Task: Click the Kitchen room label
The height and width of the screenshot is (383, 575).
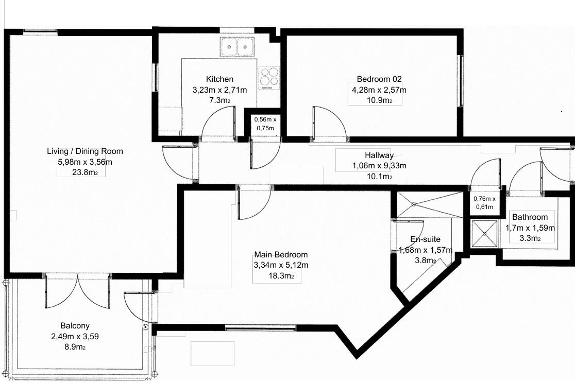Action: [219, 79]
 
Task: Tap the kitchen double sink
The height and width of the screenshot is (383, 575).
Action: [236, 47]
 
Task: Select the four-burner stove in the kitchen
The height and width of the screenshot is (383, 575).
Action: [269, 79]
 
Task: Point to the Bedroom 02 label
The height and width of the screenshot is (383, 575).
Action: [379, 79]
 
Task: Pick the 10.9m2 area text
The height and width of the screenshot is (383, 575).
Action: [379, 100]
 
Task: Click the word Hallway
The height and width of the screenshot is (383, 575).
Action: [379, 155]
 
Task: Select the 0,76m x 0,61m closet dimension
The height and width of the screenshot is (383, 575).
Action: [484, 203]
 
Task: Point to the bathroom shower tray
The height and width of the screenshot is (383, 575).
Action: [484, 233]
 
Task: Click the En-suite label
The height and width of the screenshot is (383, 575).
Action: [425, 239]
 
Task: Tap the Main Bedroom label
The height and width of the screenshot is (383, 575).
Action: [281, 255]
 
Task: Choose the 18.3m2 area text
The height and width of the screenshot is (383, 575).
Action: [281, 276]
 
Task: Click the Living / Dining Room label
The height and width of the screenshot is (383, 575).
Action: [85, 151]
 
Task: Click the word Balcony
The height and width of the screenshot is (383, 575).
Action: [75, 326]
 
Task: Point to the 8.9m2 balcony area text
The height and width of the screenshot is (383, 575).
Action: [74, 347]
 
